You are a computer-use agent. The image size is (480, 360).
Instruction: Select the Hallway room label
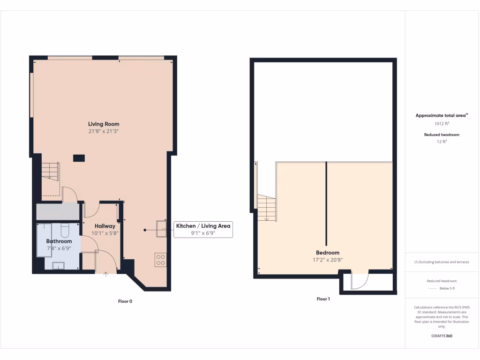pos(101,226)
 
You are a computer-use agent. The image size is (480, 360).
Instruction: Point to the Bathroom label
pos(59,241)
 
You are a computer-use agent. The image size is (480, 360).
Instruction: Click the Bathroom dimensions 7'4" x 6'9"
pos(59,248)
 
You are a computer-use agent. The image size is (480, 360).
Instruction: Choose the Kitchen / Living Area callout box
pos(203,229)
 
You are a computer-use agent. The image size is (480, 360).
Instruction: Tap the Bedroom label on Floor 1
pos(327,253)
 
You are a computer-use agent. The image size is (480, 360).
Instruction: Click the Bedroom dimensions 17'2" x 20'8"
pos(327,260)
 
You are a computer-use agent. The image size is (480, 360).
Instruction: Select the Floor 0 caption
pos(125,301)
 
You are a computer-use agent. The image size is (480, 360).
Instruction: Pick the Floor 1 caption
pos(323,299)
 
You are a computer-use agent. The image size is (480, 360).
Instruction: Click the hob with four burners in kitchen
pos(160,259)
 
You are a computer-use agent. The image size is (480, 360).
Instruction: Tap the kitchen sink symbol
pos(161,228)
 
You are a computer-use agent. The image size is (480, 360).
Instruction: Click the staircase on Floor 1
pos(266,208)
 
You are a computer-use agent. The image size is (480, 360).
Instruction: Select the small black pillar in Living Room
pos(79,158)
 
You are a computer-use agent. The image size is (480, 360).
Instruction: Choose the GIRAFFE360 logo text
pos(441,336)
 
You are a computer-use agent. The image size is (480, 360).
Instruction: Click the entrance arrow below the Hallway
pos(105,274)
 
